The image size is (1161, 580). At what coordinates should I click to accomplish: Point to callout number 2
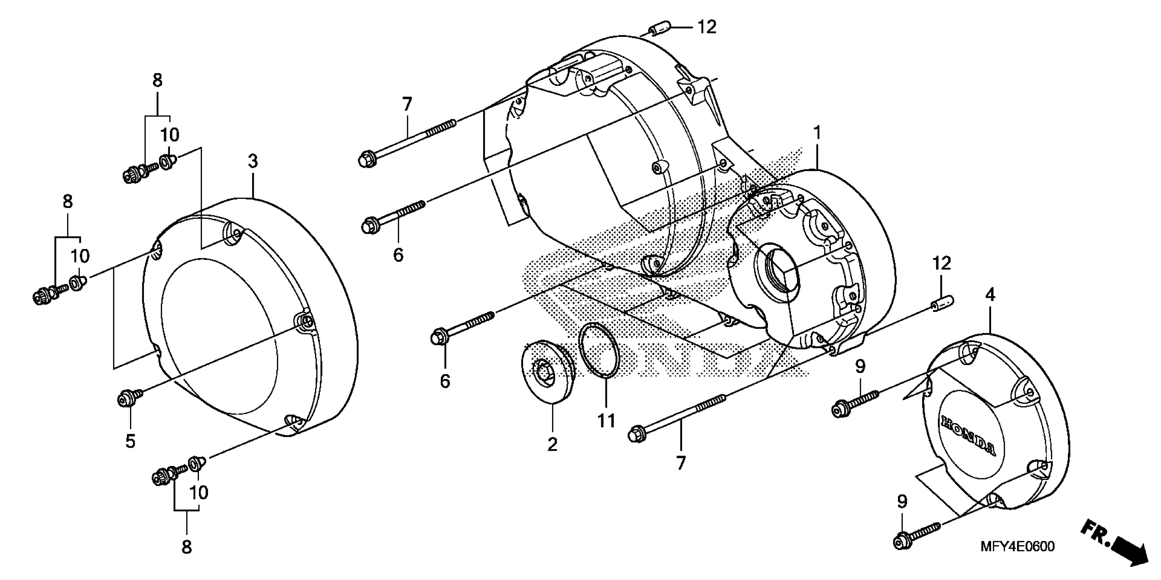(x=553, y=444)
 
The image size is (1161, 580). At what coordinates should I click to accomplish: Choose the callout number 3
(x=253, y=161)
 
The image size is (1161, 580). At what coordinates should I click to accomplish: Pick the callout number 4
(x=990, y=295)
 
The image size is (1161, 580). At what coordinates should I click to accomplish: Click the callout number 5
(x=130, y=441)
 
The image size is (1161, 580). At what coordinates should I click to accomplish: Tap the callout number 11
(x=606, y=421)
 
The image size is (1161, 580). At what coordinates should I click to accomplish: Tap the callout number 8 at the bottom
(x=186, y=547)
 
